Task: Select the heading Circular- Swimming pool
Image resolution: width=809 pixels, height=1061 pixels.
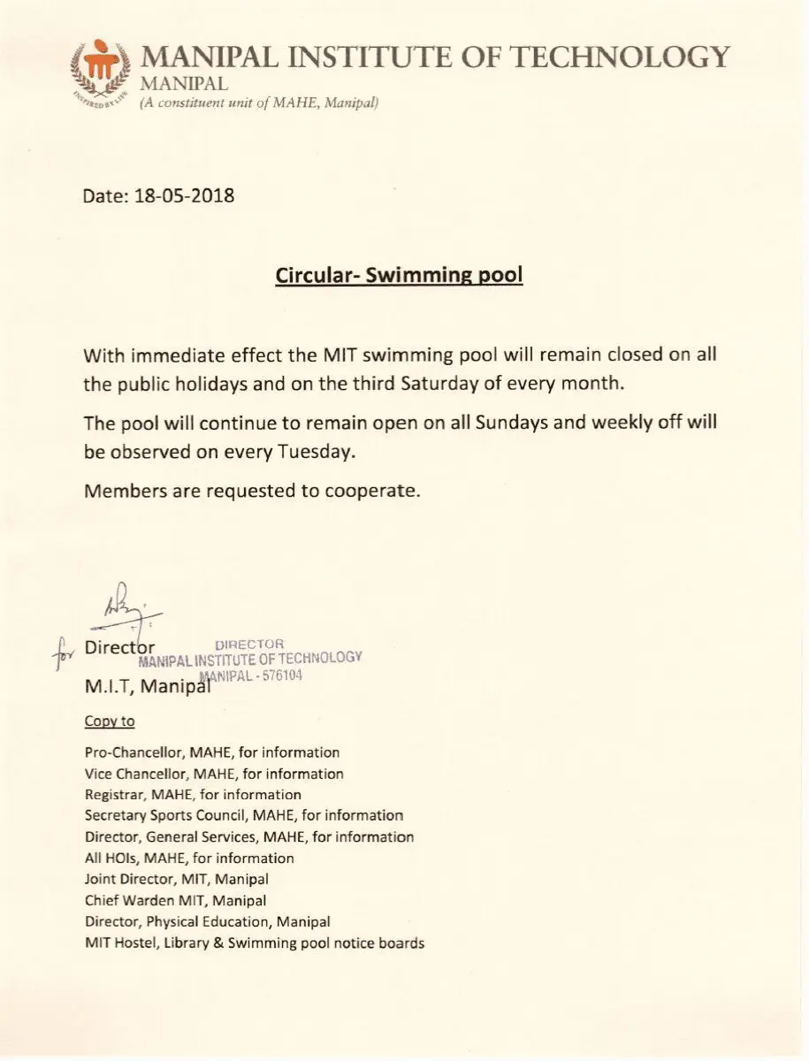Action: click(399, 275)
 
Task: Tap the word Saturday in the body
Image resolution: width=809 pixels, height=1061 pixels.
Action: click(444, 384)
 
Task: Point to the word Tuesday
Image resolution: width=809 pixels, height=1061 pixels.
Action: click(316, 451)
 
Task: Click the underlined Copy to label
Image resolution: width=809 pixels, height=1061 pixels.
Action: click(110, 721)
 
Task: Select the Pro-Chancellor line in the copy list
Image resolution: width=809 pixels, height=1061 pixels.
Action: click(212, 752)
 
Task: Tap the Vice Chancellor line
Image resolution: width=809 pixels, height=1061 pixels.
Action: click(214, 774)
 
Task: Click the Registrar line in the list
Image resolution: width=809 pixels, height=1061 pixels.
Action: click(193, 795)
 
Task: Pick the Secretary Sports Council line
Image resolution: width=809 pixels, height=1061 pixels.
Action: click(244, 815)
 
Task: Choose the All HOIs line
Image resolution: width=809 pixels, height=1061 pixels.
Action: click(189, 858)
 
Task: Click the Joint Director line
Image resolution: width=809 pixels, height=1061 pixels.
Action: click(177, 879)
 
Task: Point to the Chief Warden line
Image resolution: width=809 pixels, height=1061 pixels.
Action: click(175, 900)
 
